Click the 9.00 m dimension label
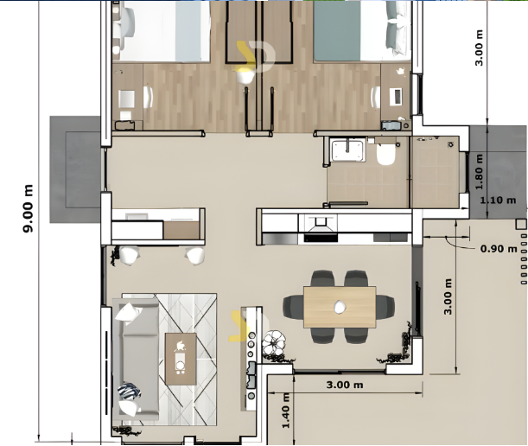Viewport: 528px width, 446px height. click(x=28, y=208)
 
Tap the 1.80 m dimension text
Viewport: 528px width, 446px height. click(x=479, y=172)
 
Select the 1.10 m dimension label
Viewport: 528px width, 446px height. click(x=498, y=201)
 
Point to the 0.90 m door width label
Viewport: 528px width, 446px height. click(x=499, y=249)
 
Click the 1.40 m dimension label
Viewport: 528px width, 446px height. click(x=285, y=411)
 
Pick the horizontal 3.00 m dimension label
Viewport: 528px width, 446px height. click(x=345, y=385)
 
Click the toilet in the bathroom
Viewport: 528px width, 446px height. click(x=385, y=154)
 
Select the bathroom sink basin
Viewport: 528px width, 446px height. click(x=348, y=150)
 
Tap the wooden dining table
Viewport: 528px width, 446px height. click(x=340, y=307)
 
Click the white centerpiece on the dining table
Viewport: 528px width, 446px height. click(x=340, y=307)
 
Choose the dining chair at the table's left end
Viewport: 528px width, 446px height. click(x=293, y=307)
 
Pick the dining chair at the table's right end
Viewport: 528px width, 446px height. click(x=385, y=307)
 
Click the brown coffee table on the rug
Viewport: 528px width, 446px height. click(x=181, y=359)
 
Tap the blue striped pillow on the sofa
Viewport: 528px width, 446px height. click(x=129, y=392)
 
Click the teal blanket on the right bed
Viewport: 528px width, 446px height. click(x=337, y=31)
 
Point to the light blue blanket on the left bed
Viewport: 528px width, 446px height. click(x=193, y=31)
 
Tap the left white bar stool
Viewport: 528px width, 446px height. click(x=130, y=255)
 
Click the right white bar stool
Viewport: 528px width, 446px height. click(x=194, y=255)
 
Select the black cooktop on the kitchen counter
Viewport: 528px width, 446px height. click(x=321, y=239)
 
